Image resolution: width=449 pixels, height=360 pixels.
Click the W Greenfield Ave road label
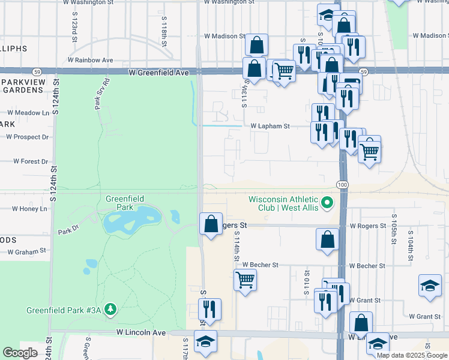click(x=158, y=72)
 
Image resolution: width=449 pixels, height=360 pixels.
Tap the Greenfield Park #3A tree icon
click(x=110, y=309)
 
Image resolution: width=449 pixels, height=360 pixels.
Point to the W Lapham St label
click(x=270, y=127)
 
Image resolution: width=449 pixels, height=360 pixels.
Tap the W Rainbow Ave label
click(x=91, y=60)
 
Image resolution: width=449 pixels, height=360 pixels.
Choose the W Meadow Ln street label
click(x=28, y=113)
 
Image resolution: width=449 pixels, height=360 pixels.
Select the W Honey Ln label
click(x=29, y=209)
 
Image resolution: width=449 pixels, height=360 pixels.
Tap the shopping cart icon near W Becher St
click(x=245, y=279)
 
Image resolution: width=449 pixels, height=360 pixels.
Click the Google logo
click(x=20, y=353)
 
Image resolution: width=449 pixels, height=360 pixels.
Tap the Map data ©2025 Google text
click(x=412, y=355)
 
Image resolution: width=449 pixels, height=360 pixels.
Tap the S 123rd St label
click(x=74, y=26)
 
